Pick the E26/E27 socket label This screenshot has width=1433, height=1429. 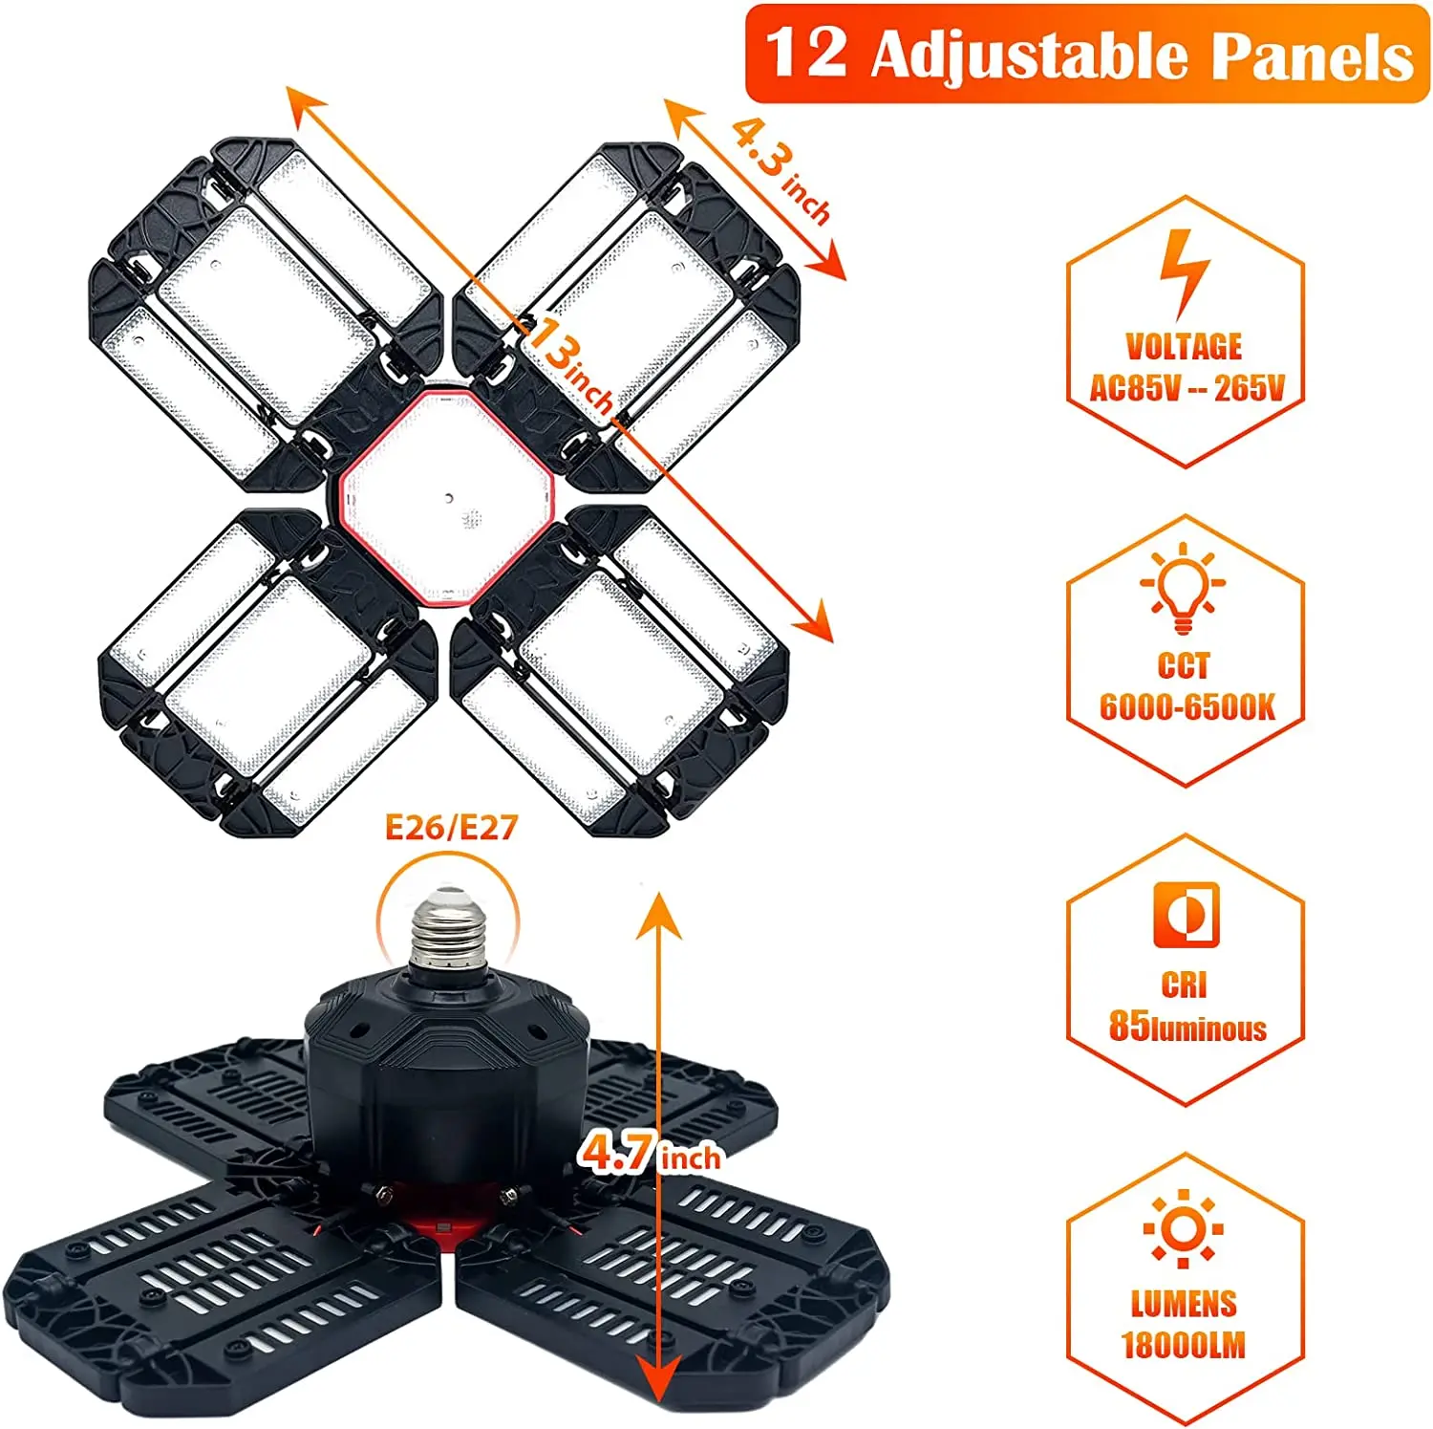[x=451, y=827]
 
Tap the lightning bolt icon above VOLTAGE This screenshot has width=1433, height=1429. [x=1184, y=272]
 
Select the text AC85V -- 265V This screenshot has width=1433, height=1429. [x=1187, y=388]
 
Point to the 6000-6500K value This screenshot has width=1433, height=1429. [x=1187, y=707]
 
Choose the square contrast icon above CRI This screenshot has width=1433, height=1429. [x=1186, y=915]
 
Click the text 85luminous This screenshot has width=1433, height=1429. [x=1187, y=1027]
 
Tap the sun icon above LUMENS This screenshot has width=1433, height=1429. [x=1184, y=1229]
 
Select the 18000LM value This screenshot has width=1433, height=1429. [x=1184, y=1345]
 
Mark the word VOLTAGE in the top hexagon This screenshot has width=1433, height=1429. [x=1184, y=346]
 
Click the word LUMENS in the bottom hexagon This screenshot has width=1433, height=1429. [x=1184, y=1304]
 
